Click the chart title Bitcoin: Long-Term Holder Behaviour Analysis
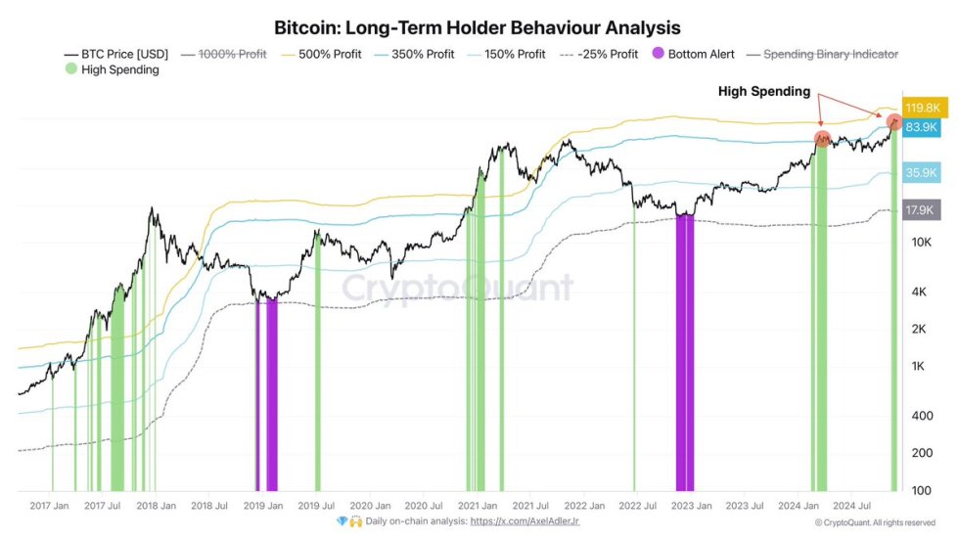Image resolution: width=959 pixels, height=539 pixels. point(477,27)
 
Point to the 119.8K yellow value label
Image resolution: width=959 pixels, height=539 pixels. point(922,108)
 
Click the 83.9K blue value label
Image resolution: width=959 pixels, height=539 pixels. point(922,127)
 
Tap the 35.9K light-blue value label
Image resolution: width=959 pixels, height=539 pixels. point(922,172)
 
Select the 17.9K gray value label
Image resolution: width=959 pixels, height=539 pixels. point(922,209)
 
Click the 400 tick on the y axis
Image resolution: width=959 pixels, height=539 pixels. point(923,416)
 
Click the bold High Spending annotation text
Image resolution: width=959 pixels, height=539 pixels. point(764,92)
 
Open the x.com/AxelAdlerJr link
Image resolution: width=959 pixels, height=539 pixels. point(525,521)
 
